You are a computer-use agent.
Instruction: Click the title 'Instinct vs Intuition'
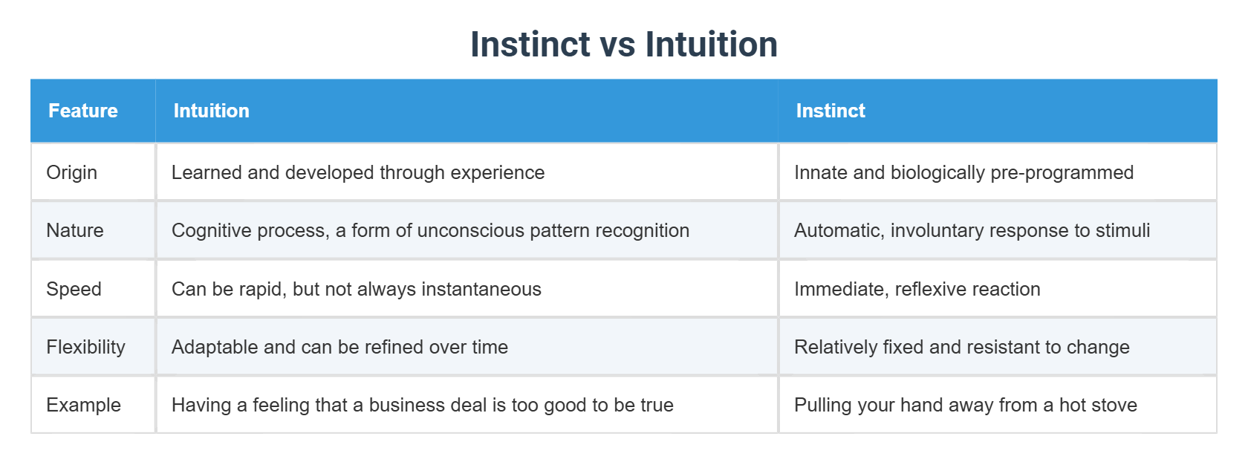(624, 44)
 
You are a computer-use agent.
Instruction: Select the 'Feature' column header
(83, 111)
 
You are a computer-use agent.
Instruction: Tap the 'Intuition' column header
(211, 111)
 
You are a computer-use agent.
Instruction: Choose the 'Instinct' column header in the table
(831, 111)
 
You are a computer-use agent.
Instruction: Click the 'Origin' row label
(72, 172)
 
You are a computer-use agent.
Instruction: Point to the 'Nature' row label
(74, 230)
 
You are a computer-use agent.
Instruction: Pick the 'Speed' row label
(74, 289)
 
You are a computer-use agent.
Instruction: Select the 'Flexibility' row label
(86, 347)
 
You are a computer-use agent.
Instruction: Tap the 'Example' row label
(83, 405)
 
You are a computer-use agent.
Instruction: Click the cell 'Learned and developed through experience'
(358, 172)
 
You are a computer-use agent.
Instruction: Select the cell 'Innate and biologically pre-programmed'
(964, 172)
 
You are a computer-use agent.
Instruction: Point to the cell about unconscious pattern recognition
(430, 230)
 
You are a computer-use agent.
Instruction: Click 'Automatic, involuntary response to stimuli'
(972, 230)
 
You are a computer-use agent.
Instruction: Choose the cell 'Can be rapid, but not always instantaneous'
(356, 289)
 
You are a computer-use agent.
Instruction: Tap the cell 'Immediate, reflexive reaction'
(917, 289)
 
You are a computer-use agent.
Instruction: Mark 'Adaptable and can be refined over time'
(340, 347)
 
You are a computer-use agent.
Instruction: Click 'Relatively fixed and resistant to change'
(961, 347)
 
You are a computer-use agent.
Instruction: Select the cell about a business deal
(422, 405)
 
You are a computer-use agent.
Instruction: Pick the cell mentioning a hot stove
(966, 405)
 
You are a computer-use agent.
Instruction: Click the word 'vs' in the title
(617, 45)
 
